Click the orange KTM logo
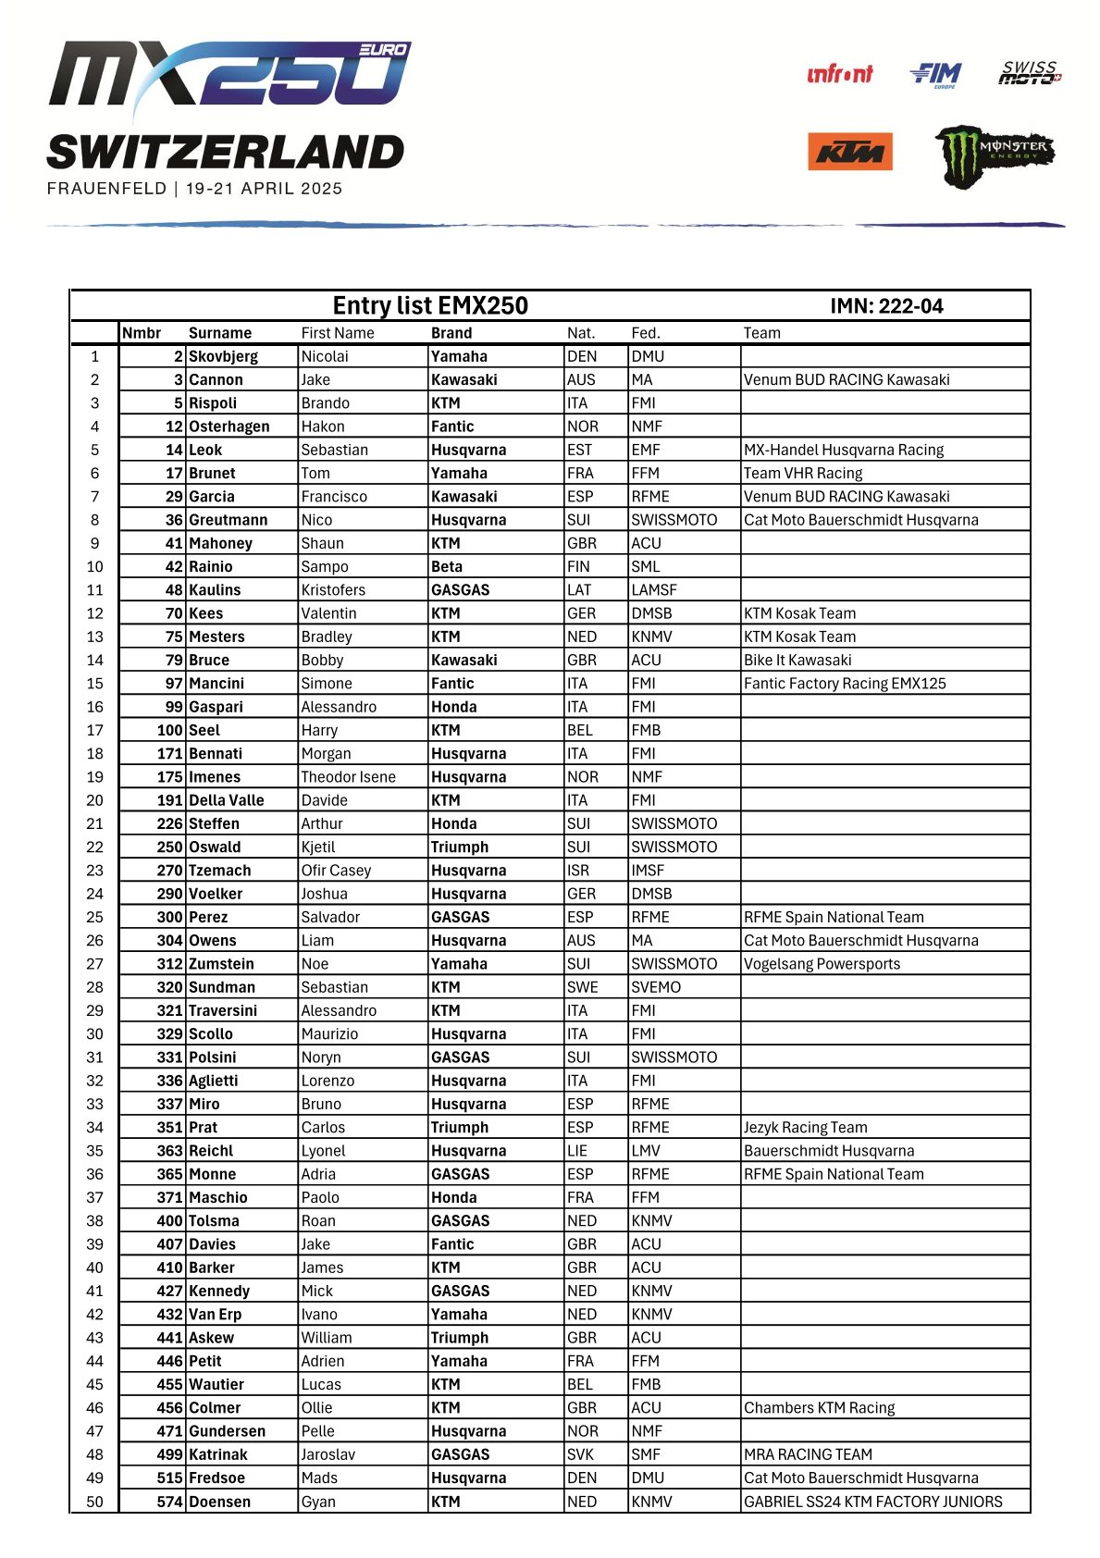(x=849, y=152)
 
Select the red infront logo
(x=839, y=74)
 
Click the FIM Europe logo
(x=935, y=75)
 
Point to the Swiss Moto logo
(x=1030, y=73)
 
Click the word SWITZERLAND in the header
(x=225, y=153)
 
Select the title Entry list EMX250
(x=430, y=306)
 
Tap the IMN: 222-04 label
(x=886, y=306)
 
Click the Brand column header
(x=451, y=333)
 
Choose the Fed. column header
(x=645, y=333)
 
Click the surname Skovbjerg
(x=223, y=356)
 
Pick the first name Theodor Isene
(x=348, y=777)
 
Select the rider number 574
(x=169, y=1502)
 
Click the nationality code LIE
(x=577, y=1151)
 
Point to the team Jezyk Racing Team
(x=805, y=1128)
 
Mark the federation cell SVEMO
(x=655, y=987)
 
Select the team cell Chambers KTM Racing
(x=819, y=1408)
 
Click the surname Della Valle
(x=226, y=800)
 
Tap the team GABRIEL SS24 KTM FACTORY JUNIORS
(x=872, y=1502)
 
